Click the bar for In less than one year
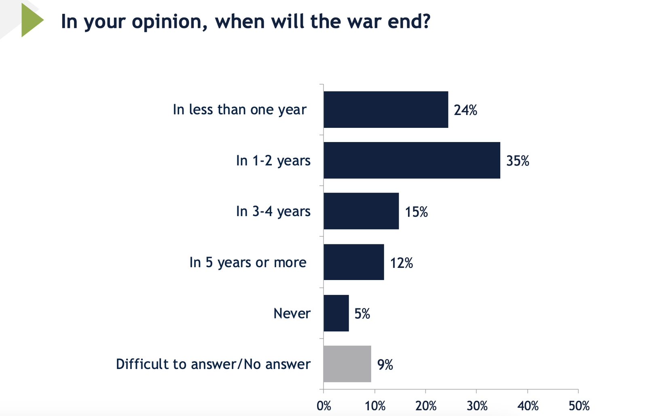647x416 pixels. click(x=386, y=110)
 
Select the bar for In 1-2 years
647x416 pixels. click(x=412, y=160)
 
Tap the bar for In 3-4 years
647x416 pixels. click(x=361, y=211)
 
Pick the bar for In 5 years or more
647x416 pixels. click(x=354, y=262)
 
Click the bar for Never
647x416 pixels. click(x=336, y=313)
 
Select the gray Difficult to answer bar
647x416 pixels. click(x=347, y=364)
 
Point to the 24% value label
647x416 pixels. click(x=465, y=110)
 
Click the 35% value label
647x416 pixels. click(x=518, y=161)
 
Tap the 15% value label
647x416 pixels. click(x=417, y=212)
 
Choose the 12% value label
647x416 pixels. click(x=402, y=263)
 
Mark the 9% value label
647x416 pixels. click(x=385, y=365)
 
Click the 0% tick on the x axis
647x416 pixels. click(x=324, y=405)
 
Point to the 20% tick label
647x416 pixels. click(x=426, y=405)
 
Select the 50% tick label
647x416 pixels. click(x=579, y=405)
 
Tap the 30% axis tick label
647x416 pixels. click(x=477, y=405)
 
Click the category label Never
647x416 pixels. click(x=292, y=313)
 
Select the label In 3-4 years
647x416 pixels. click(x=273, y=211)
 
